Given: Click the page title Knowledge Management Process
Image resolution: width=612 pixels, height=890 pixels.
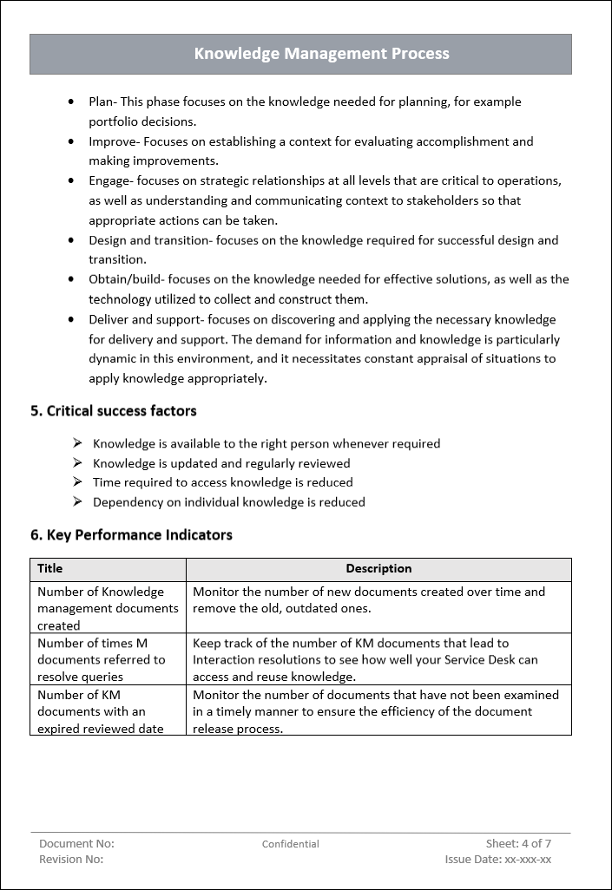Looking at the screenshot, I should click(x=321, y=54).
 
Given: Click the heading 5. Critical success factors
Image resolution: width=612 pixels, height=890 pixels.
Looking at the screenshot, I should click(x=114, y=411).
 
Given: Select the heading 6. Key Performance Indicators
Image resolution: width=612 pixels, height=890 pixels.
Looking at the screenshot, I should click(x=131, y=535).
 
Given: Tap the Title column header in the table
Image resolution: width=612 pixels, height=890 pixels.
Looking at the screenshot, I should click(x=50, y=569).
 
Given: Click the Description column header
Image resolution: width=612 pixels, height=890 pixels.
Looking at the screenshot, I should click(x=378, y=569).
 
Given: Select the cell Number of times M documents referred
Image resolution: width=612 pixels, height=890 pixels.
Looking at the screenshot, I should click(x=101, y=659).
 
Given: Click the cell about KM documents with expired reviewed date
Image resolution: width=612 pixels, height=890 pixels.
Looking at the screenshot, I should click(x=101, y=711).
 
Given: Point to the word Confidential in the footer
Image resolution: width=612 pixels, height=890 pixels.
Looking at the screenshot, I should click(x=291, y=844).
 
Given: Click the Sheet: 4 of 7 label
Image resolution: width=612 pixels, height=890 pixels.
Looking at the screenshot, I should click(x=518, y=843).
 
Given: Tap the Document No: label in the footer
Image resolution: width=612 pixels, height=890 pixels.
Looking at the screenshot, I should click(x=76, y=843).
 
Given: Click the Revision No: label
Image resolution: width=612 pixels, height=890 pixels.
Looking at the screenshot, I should click(x=71, y=859).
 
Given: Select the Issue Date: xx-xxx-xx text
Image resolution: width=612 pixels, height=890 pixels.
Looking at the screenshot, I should click(x=497, y=859).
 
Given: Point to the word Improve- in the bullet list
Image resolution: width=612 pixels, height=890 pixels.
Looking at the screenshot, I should click(x=114, y=141).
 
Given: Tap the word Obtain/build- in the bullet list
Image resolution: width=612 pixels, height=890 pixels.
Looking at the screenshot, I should click(x=127, y=279).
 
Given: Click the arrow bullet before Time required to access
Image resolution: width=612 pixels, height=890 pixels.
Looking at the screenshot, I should click(x=77, y=482).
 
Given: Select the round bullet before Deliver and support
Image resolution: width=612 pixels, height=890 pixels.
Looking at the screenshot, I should click(x=71, y=320).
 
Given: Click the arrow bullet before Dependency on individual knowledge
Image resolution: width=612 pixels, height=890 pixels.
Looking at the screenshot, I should click(x=77, y=501).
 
